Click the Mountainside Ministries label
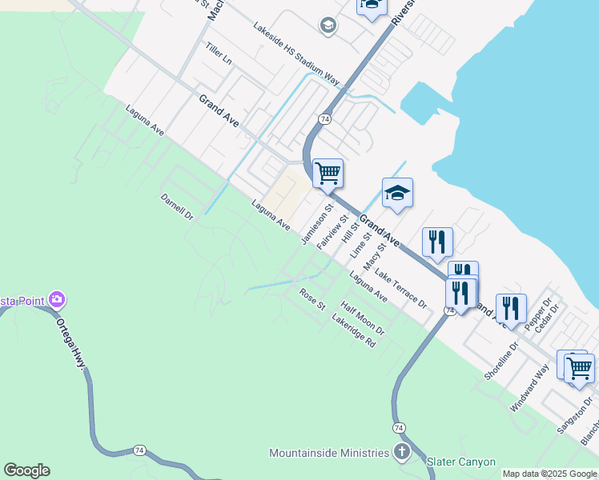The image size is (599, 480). pyautogui.click(x=328, y=453)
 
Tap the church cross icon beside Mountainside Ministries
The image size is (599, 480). pyautogui.click(x=402, y=452)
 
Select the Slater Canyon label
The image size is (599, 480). pyautogui.click(x=460, y=462)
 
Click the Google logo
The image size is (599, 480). pyautogui.click(x=26, y=470)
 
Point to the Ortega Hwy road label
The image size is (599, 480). pyautogui.click(x=70, y=345)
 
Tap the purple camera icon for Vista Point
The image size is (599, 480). pyautogui.click(x=57, y=300)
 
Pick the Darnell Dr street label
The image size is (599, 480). pyautogui.click(x=177, y=206)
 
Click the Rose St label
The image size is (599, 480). pyautogui.click(x=312, y=300)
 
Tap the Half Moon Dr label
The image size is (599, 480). pyautogui.click(x=362, y=318)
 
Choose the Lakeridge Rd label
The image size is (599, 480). pyautogui.click(x=353, y=330)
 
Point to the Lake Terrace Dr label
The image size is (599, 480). pyautogui.click(x=400, y=290)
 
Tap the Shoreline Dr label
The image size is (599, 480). pyautogui.click(x=502, y=361)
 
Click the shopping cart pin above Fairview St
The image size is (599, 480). pyautogui.click(x=328, y=172)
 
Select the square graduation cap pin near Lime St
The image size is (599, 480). pyautogui.click(x=397, y=193)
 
